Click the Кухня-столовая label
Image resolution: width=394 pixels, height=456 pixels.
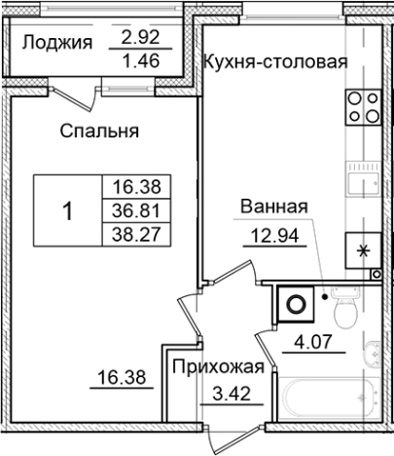tap(275, 64)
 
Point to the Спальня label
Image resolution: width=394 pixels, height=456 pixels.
tap(97, 130)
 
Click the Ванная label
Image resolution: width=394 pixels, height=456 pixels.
tap(275, 207)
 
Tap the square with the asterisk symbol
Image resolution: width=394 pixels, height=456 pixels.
tap(365, 250)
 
